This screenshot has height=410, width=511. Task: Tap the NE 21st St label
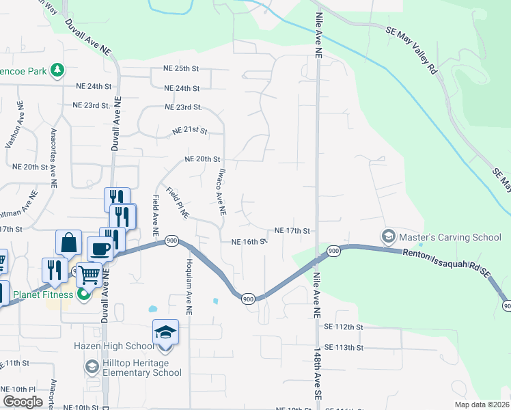[189, 130]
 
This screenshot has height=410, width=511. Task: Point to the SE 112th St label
[344, 327]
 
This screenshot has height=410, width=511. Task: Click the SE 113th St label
[344, 348]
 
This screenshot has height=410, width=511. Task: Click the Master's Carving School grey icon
[389, 236]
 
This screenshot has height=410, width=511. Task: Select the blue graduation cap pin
[165, 331]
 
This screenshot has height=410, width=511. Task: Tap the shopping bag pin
[68, 242]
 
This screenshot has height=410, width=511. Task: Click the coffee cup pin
[99, 249]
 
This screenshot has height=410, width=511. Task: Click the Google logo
[23, 402]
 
